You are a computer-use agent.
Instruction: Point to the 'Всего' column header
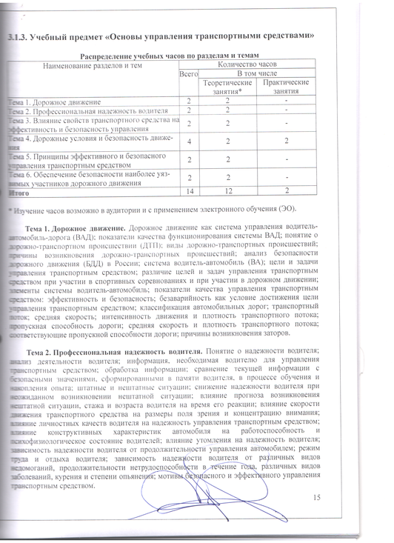[x=190, y=74]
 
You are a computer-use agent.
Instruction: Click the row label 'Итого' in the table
[x=18, y=192]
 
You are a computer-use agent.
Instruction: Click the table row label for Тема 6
[x=89, y=178]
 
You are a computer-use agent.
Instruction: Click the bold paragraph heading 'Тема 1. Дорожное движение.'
[x=76, y=225]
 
